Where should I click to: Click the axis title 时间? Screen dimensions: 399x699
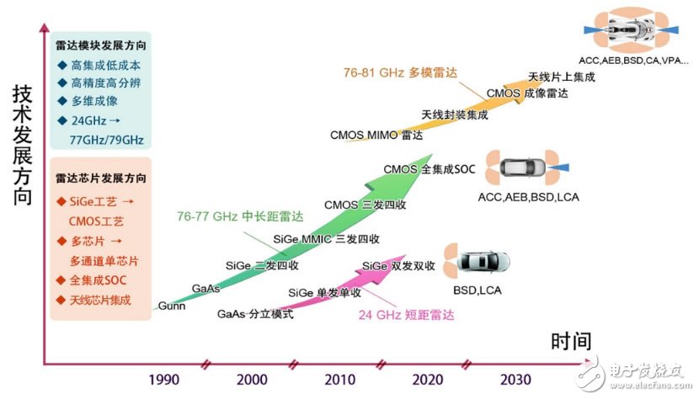coord(572,341)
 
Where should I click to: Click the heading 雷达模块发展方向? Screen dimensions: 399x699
coord(101,46)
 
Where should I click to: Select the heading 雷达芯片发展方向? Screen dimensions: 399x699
coord(101,178)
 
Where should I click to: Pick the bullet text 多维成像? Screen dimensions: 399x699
coord(93,102)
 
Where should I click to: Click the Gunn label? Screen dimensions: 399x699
coord(172,306)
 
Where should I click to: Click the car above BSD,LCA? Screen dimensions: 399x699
coord(483,263)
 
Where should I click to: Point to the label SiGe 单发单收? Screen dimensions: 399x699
coord(324,292)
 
